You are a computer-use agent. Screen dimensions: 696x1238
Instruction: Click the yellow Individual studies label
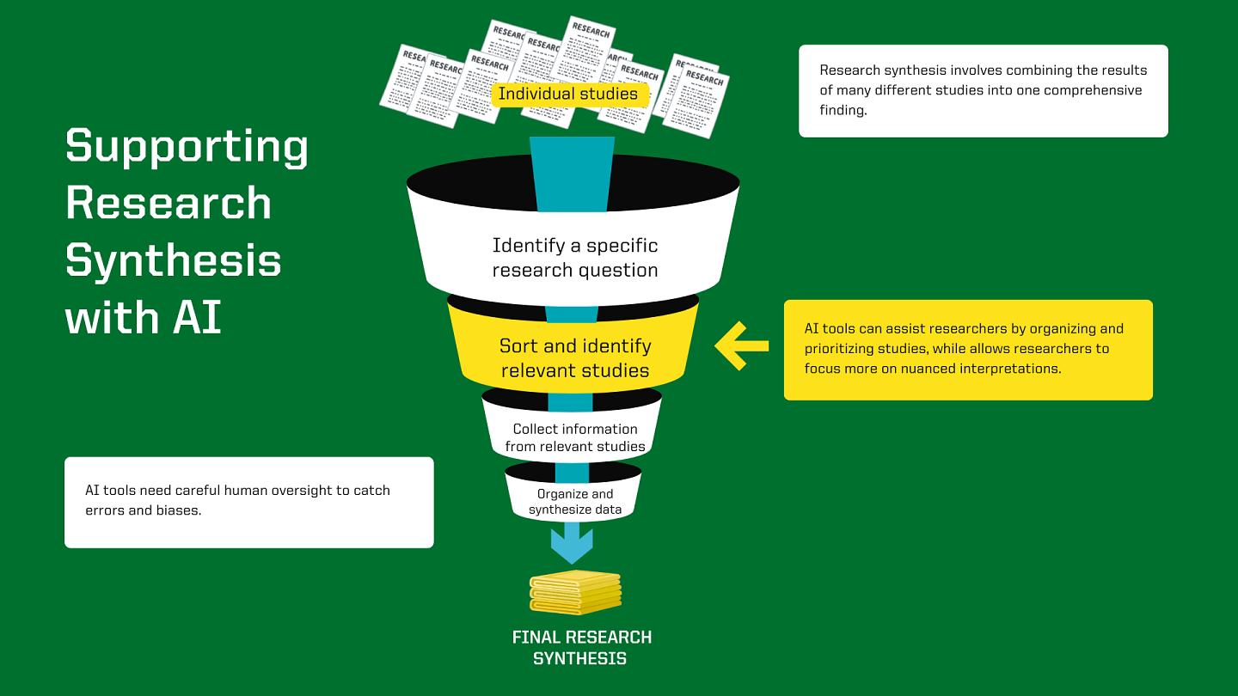click(x=568, y=94)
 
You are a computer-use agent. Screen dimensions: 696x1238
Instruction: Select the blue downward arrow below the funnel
click(x=572, y=544)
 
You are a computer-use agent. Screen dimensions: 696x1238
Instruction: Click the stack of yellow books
click(x=575, y=592)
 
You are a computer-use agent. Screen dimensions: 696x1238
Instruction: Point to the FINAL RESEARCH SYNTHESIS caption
click(x=581, y=648)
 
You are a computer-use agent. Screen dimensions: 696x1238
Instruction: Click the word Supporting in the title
click(x=187, y=147)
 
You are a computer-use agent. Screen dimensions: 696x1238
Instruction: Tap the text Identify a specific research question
click(x=574, y=258)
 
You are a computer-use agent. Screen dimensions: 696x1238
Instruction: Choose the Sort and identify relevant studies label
click(x=574, y=358)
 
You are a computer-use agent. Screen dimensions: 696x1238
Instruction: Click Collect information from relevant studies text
click(x=574, y=437)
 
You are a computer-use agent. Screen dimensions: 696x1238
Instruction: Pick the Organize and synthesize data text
click(x=574, y=502)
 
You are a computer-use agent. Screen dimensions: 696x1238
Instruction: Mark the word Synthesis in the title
click(x=173, y=260)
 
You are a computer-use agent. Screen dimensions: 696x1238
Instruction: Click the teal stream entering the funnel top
click(x=572, y=172)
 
